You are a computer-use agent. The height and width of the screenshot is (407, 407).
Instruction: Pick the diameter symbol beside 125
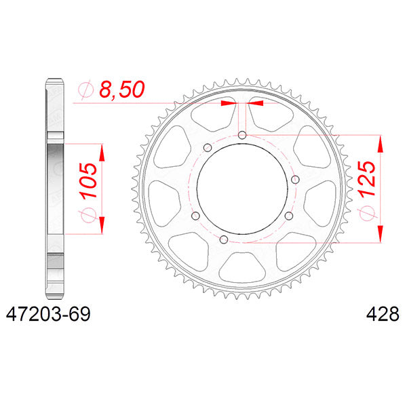tap(366, 213)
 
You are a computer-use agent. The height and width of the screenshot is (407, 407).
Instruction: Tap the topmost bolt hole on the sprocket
tap(242, 135)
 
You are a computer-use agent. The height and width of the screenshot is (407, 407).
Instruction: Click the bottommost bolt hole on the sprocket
tap(224, 239)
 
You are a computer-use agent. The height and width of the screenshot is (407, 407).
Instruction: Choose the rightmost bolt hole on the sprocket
tap(290, 216)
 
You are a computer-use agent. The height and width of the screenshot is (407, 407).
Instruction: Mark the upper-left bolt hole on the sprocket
tap(208, 147)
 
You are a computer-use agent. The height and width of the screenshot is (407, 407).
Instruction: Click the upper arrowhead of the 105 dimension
tap(102, 151)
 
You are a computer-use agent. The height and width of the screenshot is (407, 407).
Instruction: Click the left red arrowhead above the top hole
tap(230, 104)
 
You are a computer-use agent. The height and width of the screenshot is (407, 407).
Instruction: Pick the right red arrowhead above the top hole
tap(255, 104)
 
